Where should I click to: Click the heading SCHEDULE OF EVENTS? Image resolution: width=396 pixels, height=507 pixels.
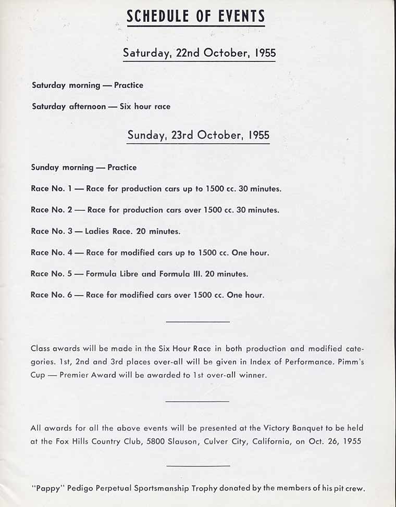pos(196,17)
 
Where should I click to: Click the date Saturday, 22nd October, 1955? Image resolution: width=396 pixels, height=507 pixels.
pos(199,53)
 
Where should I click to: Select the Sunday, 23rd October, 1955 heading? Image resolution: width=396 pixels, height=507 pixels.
pos(199,135)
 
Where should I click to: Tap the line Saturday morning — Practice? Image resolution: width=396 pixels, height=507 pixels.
pos(87,85)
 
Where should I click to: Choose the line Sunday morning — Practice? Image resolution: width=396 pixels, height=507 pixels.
pos(83,168)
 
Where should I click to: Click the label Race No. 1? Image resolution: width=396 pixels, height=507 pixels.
pos(51,189)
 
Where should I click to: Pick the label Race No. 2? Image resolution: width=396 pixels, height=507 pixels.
pos(52,210)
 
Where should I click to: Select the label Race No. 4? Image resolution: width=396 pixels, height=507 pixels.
pos(52,252)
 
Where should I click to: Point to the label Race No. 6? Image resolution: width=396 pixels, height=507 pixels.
pos(52,295)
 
